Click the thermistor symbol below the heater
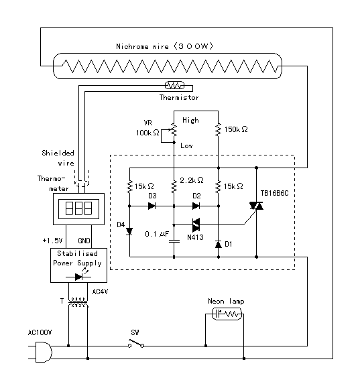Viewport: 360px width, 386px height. tap(174, 85)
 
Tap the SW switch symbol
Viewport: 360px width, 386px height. tap(136, 343)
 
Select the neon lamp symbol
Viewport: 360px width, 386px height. tap(227, 314)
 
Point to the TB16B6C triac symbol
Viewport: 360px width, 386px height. tap(256, 206)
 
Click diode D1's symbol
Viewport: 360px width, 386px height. tap(218, 244)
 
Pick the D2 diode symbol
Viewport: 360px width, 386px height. tap(196, 206)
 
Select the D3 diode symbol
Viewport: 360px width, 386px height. tap(152, 206)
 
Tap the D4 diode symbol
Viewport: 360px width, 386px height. tap(129, 231)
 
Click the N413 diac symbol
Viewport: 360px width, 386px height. tap(196, 224)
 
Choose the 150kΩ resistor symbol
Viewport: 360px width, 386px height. tap(218, 129)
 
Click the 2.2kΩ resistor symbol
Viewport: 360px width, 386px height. tap(174, 186)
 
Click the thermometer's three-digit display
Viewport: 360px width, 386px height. tap(78, 209)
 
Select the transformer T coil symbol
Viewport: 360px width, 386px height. tap(78, 302)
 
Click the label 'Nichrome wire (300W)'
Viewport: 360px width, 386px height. tap(164, 46)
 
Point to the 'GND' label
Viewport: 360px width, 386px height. tap(84, 241)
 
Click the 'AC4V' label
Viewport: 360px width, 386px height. tap(100, 292)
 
